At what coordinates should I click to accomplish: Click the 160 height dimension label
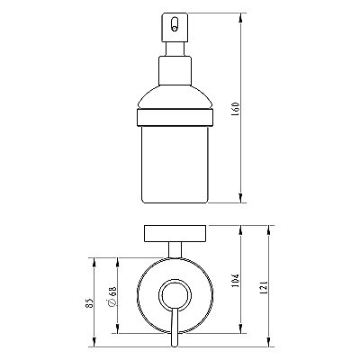click(236, 110)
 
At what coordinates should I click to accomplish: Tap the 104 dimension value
click(236, 281)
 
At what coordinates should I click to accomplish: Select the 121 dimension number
click(263, 287)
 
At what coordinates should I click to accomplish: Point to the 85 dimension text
click(89, 304)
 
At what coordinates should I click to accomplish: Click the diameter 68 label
click(112, 296)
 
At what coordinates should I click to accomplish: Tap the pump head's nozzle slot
click(174, 24)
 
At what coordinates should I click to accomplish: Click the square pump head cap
click(175, 27)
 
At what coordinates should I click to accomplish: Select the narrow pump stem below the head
click(175, 49)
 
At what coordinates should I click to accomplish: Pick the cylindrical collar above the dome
click(175, 70)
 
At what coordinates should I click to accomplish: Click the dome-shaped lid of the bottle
click(175, 97)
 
